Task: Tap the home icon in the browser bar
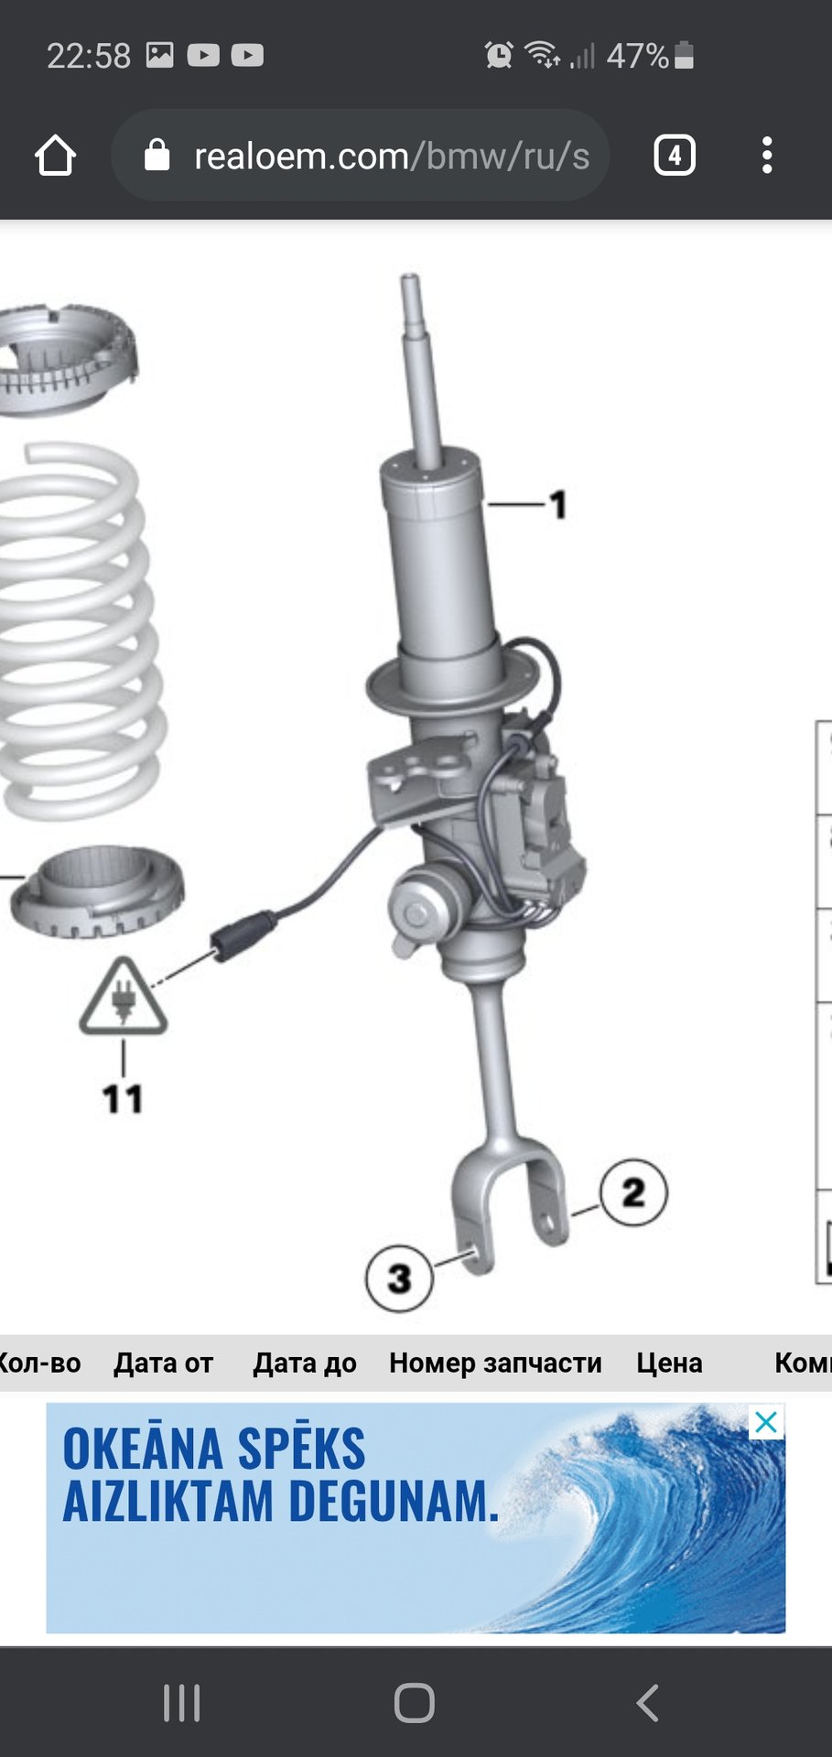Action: (55, 156)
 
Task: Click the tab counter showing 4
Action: (675, 156)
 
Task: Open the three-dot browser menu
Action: (767, 156)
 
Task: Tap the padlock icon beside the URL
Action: (157, 156)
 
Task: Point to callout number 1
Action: (558, 504)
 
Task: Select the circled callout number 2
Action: (633, 1192)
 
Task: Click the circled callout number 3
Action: (399, 1278)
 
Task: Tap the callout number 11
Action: (123, 1099)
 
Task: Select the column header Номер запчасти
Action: (495, 1363)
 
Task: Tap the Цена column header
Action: (669, 1363)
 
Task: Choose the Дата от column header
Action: (163, 1363)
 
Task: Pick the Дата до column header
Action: (305, 1363)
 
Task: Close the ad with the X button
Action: (766, 1422)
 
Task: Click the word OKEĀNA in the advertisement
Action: (143, 1449)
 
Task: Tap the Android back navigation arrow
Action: (647, 1703)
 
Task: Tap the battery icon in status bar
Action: (684, 56)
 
